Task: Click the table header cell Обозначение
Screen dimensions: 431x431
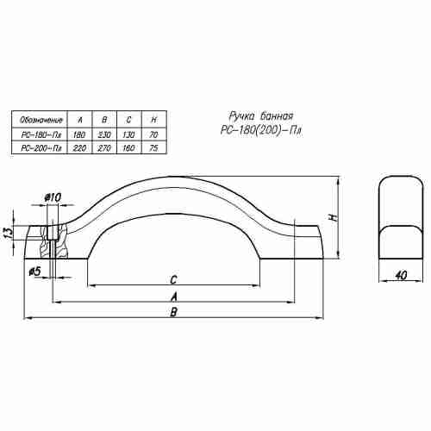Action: pos(41,119)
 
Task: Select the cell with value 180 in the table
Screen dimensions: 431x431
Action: pos(79,134)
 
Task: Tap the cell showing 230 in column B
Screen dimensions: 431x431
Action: pos(104,134)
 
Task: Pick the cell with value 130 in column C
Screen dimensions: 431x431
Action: pos(128,134)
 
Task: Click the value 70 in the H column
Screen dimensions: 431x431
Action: pos(153,134)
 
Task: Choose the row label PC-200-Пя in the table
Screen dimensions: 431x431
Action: pos(41,148)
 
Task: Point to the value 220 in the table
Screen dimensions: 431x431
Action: pos(79,148)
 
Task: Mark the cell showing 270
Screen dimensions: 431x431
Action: pos(104,148)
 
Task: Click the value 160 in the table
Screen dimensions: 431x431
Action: pos(128,148)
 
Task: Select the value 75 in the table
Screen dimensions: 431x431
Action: pos(153,148)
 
